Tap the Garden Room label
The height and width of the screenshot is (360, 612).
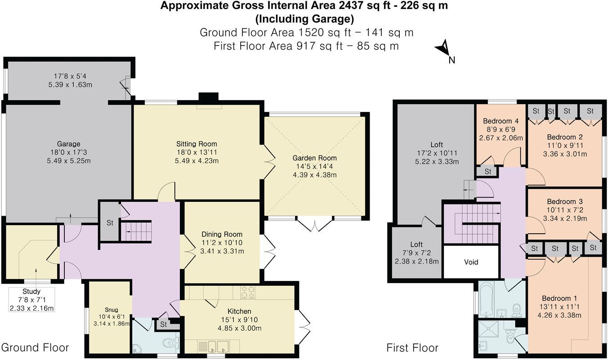[x=314, y=158]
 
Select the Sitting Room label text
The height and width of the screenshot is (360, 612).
[x=197, y=144]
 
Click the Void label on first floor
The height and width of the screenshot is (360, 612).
[x=471, y=262]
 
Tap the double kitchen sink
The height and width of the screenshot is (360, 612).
[x=218, y=347]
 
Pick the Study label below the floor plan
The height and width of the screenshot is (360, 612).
[x=31, y=291]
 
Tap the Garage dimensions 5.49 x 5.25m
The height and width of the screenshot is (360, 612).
[x=68, y=160]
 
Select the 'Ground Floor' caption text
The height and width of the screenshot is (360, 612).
[x=35, y=347]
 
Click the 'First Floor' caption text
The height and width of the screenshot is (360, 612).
[x=412, y=348]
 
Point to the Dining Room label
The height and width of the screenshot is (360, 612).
[x=222, y=234]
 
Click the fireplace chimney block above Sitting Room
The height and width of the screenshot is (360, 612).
[x=208, y=98]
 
